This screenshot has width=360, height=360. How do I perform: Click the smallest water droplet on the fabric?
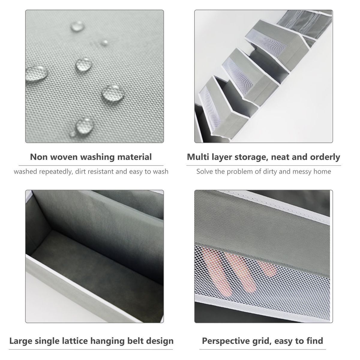tap(104, 43)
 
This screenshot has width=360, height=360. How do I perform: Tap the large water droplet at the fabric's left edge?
tap(37, 73)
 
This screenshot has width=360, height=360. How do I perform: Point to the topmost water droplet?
tap(77, 26)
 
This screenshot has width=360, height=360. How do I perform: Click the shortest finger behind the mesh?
tap(267, 268)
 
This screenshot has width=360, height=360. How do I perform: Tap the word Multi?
tap(198, 157)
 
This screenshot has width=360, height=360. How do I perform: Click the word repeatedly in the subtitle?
tap(56, 172)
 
